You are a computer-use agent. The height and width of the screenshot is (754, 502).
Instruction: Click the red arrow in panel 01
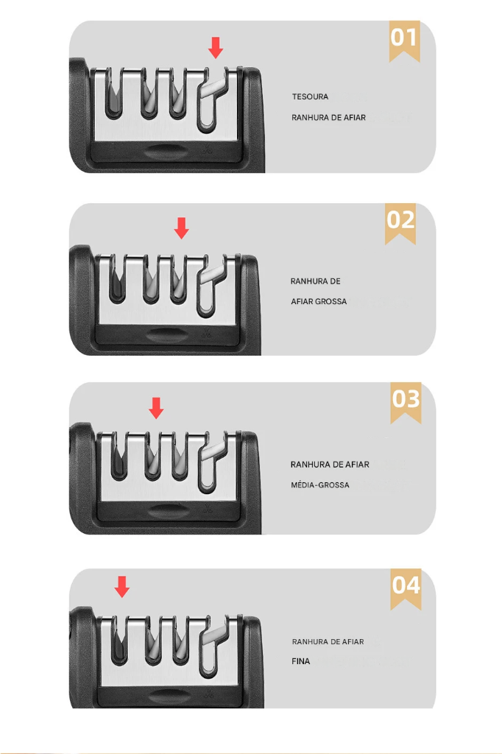[216, 48]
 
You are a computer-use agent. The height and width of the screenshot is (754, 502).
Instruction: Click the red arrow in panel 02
[181, 228]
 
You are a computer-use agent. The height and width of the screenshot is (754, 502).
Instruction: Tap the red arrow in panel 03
[156, 408]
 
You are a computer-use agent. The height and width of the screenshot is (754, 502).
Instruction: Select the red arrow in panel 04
[121, 587]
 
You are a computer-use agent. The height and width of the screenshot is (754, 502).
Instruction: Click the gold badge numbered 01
[404, 40]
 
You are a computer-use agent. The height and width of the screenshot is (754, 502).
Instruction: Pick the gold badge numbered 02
[400, 224]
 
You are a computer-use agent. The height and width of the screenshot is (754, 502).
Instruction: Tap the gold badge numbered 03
[406, 403]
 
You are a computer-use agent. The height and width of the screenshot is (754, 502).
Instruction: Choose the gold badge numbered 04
[406, 589]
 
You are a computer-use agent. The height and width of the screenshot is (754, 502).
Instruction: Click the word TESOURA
[310, 96]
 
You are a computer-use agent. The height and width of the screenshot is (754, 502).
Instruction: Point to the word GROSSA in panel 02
[330, 301]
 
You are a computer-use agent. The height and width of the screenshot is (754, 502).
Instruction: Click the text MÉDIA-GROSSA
[319, 485]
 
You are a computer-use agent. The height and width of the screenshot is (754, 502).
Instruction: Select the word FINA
[300, 661]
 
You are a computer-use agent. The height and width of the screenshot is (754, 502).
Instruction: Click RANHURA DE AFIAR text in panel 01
[328, 117]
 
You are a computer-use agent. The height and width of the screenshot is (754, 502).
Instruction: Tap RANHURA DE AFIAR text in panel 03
[330, 465]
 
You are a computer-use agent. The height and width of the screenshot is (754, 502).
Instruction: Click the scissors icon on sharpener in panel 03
[208, 509]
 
